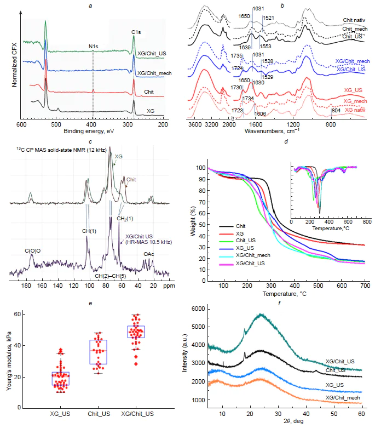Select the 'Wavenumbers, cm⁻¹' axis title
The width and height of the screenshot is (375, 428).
click(270, 132)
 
